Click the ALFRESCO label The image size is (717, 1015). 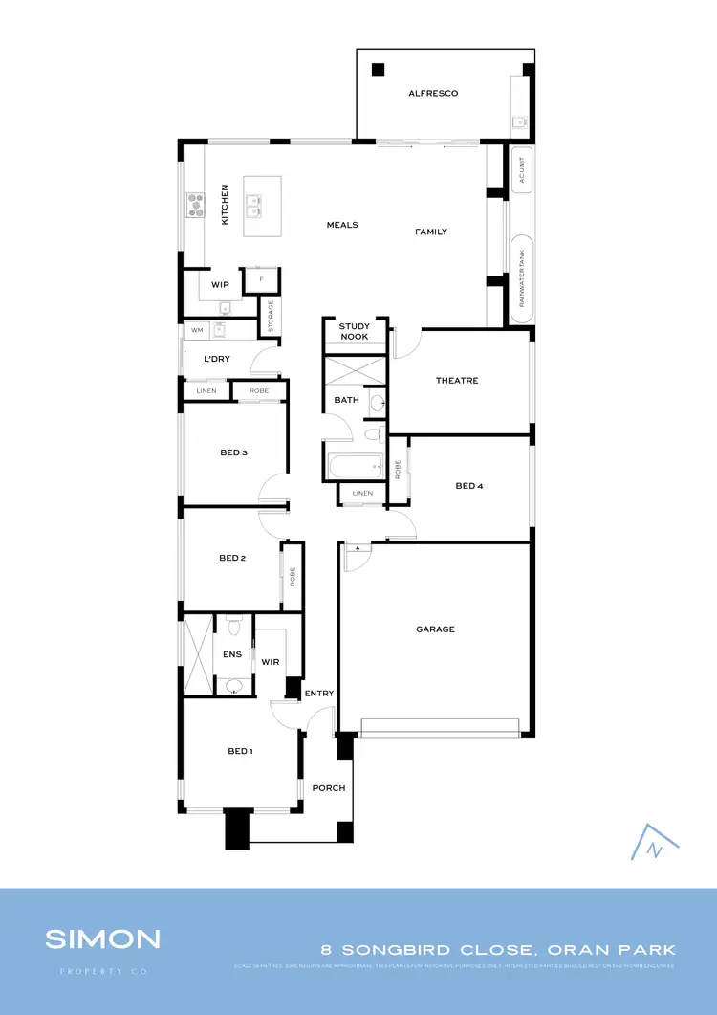coord(433,93)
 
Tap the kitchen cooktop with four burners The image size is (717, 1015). coord(195,204)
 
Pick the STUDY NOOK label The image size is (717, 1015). coord(354,331)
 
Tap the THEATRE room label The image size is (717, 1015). coord(457,381)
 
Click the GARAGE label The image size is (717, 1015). coord(435,629)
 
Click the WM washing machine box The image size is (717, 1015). coord(197,330)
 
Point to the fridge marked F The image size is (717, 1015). coord(260,279)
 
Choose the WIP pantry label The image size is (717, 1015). coord(220,285)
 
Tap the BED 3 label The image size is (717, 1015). coord(233,452)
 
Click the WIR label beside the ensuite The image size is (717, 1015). coord(270,661)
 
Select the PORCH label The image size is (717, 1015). coord(329,788)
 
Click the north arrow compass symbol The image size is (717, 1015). coord(655,843)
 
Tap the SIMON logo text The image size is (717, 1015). coord(102,939)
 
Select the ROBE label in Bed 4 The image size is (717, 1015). coord(398,469)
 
